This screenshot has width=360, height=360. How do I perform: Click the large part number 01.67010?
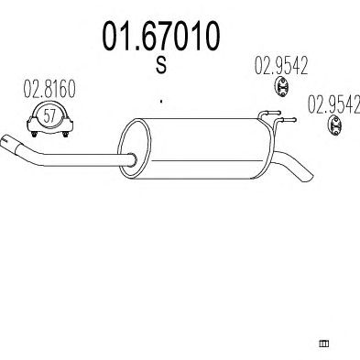pos(160,36)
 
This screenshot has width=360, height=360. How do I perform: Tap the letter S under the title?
pos(161,65)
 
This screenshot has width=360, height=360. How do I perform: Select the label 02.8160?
pos(49,89)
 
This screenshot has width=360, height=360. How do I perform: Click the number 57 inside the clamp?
pos(49,116)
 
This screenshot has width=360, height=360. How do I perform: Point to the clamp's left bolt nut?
pos(34,134)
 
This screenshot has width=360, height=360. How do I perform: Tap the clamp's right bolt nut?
pos(65,134)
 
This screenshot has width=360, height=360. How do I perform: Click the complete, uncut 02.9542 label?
pos(281,66)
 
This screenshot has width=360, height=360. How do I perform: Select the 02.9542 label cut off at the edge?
pos(333,104)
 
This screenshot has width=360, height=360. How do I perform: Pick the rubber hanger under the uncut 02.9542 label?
pos(281,87)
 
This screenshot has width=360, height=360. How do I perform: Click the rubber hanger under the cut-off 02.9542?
pos(334,125)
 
